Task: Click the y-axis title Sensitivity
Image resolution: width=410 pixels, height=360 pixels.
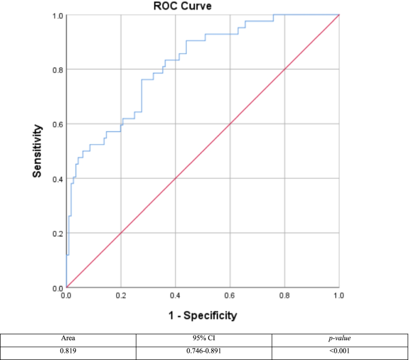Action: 37,151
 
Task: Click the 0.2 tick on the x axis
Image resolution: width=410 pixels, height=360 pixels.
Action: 121,296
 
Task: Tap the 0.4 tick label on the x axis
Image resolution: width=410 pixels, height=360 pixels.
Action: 175,296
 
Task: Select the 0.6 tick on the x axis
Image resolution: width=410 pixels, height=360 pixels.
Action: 230,296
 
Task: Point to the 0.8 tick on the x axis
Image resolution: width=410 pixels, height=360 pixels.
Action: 284,296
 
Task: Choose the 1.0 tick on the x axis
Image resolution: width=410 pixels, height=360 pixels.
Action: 339,296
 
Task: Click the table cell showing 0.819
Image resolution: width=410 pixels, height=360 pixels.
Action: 68,349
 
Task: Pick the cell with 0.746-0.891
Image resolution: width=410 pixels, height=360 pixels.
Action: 204,349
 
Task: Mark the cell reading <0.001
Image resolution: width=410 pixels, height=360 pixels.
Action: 340,349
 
